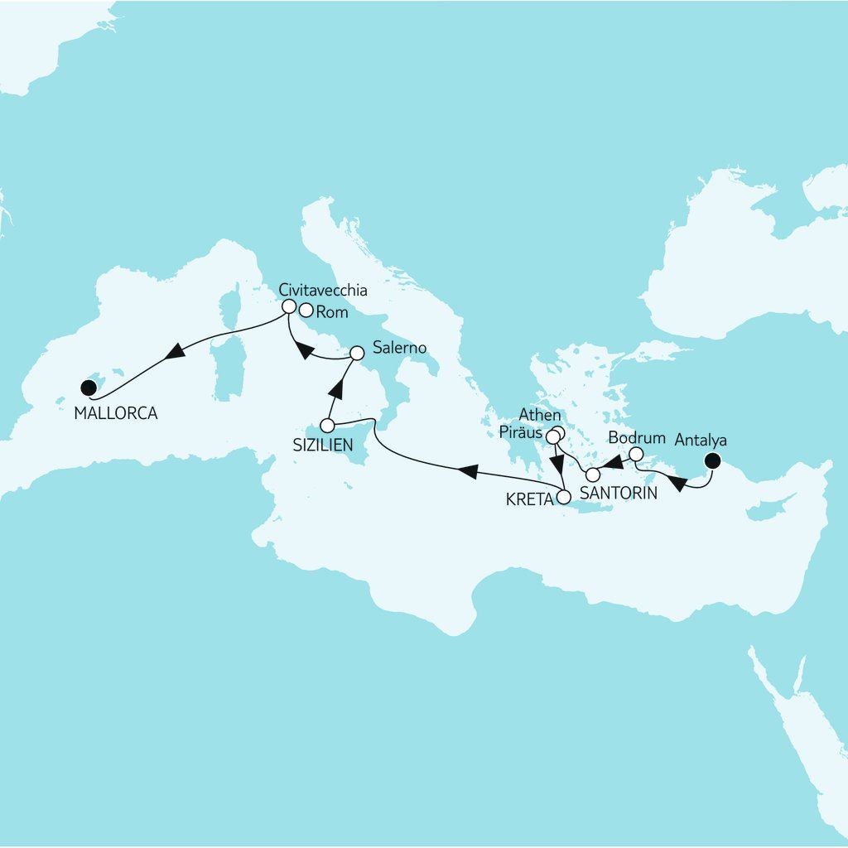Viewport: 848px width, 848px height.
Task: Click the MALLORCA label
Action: point(116,412)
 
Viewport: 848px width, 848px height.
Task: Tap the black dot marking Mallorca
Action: point(87,387)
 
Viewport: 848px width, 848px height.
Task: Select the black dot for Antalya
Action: point(711,461)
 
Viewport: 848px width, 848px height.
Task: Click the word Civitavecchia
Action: point(323,291)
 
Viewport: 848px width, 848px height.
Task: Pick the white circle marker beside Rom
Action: point(306,311)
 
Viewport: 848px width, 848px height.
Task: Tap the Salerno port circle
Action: point(356,353)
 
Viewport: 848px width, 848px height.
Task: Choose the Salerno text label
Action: point(399,348)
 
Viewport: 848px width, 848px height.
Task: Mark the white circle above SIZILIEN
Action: point(326,426)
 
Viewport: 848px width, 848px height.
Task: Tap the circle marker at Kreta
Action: point(564,498)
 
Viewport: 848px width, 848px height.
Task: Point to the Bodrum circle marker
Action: point(636,454)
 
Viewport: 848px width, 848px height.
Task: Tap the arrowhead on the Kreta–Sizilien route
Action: point(467,472)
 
